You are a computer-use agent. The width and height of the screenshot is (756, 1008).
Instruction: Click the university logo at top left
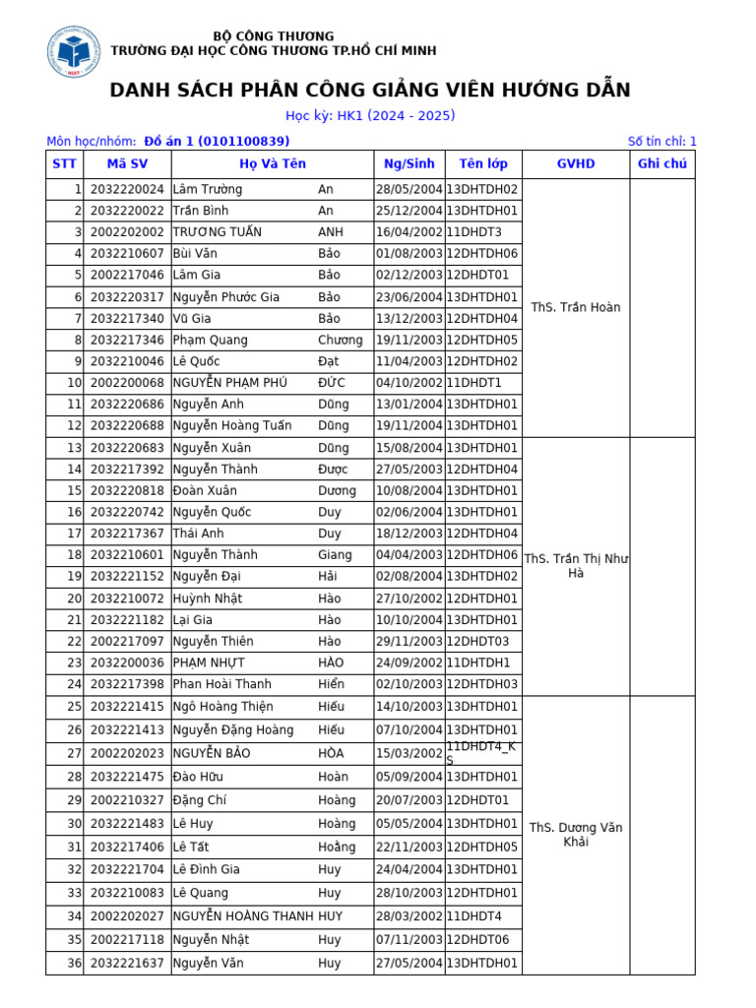click(75, 52)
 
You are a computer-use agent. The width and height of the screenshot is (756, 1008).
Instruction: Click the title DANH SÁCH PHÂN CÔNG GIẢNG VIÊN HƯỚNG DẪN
click(370, 91)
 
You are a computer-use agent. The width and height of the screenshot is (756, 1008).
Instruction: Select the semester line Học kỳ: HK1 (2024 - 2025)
click(370, 116)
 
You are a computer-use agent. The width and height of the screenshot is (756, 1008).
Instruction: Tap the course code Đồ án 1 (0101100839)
click(217, 142)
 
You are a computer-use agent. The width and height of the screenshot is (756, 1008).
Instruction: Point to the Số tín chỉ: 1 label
click(661, 142)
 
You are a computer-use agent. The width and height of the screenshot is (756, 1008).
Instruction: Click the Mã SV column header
click(127, 164)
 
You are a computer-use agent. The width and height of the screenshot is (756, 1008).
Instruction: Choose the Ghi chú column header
click(662, 164)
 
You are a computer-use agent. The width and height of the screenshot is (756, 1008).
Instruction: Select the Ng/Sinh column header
click(409, 164)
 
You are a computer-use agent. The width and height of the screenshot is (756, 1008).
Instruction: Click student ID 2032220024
click(127, 189)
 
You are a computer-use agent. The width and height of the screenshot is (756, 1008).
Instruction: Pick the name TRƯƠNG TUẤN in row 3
click(213, 232)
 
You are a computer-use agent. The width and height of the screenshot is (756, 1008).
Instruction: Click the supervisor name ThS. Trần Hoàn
click(576, 307)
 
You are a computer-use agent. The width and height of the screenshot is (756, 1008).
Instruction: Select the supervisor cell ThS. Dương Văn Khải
click(576, 835)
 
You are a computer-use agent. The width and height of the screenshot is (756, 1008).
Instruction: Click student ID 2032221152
click(127, 577)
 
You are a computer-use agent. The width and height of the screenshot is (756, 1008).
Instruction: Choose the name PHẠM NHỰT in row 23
click(209, 662)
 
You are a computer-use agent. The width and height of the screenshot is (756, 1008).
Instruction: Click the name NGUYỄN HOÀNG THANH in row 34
click(243, 916)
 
